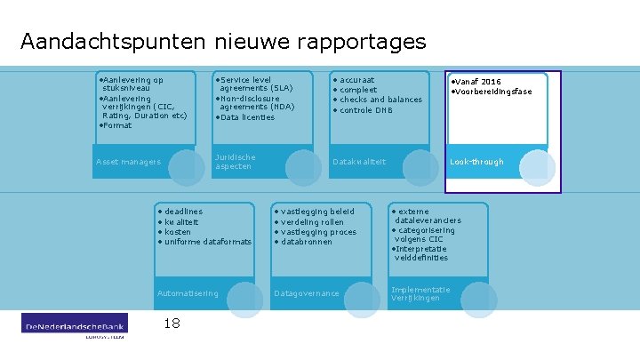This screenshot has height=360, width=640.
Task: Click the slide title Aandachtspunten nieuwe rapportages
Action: click(223, 42)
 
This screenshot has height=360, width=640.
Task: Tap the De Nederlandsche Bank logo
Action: click(75, 325)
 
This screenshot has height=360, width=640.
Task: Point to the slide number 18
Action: click(172, 324)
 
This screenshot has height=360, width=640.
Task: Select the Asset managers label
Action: click(129, 162)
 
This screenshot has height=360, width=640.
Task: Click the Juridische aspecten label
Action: click(236, 162)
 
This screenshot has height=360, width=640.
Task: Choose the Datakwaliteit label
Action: click(359, 162)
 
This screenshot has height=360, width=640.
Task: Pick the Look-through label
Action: click(476, 162)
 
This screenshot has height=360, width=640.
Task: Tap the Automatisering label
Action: click(188, 293)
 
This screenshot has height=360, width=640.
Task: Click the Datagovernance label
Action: click(308, 293)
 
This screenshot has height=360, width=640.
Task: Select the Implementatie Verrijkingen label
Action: click(420, 293)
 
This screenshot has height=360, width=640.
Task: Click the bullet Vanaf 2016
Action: click(478, 82)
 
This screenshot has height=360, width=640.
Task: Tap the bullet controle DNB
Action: click(366, 110)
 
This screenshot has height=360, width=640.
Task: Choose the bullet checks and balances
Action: click(380, 100)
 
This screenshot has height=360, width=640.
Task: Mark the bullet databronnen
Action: click(306, 242)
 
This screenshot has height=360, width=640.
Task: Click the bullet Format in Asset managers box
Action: click(116, 125)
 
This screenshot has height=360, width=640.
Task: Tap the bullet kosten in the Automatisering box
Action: click(178, 232)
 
